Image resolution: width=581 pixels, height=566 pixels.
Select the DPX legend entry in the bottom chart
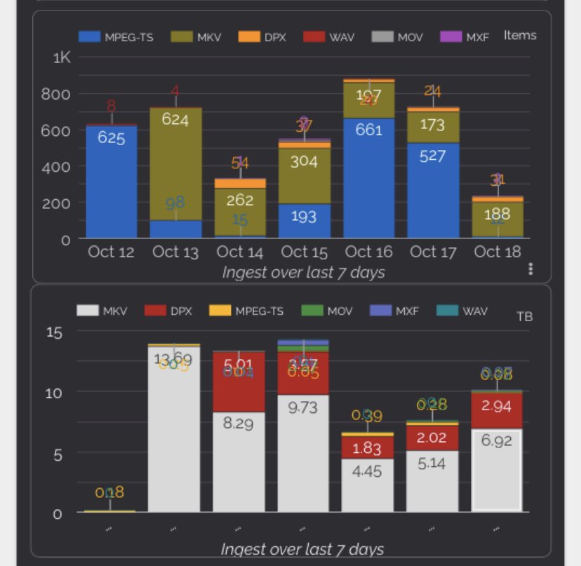[172, 310]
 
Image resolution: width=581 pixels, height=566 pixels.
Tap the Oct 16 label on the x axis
[368, 252]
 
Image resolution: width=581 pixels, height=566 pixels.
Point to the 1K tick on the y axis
[62, 58]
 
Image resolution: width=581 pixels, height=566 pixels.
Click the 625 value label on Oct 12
[112, 138]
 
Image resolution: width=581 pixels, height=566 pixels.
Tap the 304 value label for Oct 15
[304, 161]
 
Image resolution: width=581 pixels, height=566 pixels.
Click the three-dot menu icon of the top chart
[531, 269]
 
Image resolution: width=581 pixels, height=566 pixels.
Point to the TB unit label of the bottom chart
[524, 317]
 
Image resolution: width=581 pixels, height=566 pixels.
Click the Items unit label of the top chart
[519, 36]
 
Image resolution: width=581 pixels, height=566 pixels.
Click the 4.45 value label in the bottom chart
[368, 472]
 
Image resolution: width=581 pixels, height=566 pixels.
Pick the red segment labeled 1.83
[368, 447]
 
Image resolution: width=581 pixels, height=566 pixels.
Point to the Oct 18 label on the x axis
[497, 252]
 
